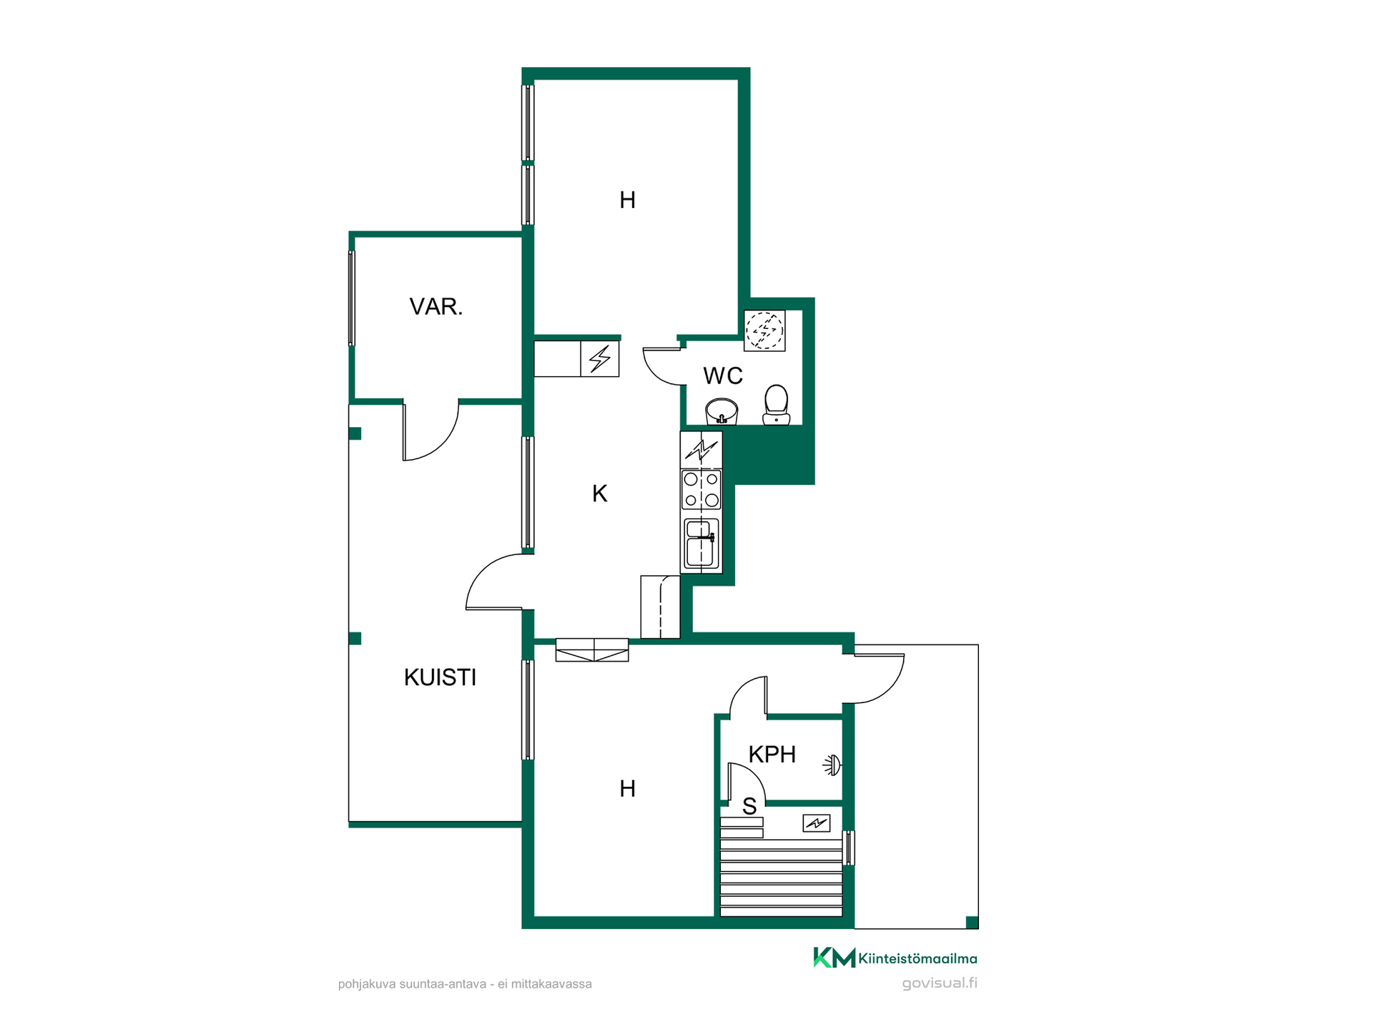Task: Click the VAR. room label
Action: pos(435,307)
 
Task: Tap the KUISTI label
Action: pos(440,677)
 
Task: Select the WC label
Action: pos(723,376)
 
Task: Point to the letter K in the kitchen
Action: pos(599,494)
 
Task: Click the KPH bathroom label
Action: pos(772,754)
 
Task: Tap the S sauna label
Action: pos(749,807)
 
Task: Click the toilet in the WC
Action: pos(776,404)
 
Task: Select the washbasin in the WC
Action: pos(722,412)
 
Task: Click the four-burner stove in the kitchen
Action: pos(701,489)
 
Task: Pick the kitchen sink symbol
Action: pos(702,544)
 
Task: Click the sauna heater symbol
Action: pos(816,823)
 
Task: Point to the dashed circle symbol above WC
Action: pos(764,330)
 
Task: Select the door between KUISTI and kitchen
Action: pos(499,582)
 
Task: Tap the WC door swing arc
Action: pos(664,366)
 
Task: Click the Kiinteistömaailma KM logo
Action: pos(895,958)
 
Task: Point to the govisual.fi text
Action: pos(940,983)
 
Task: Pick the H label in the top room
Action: pos(627,200)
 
